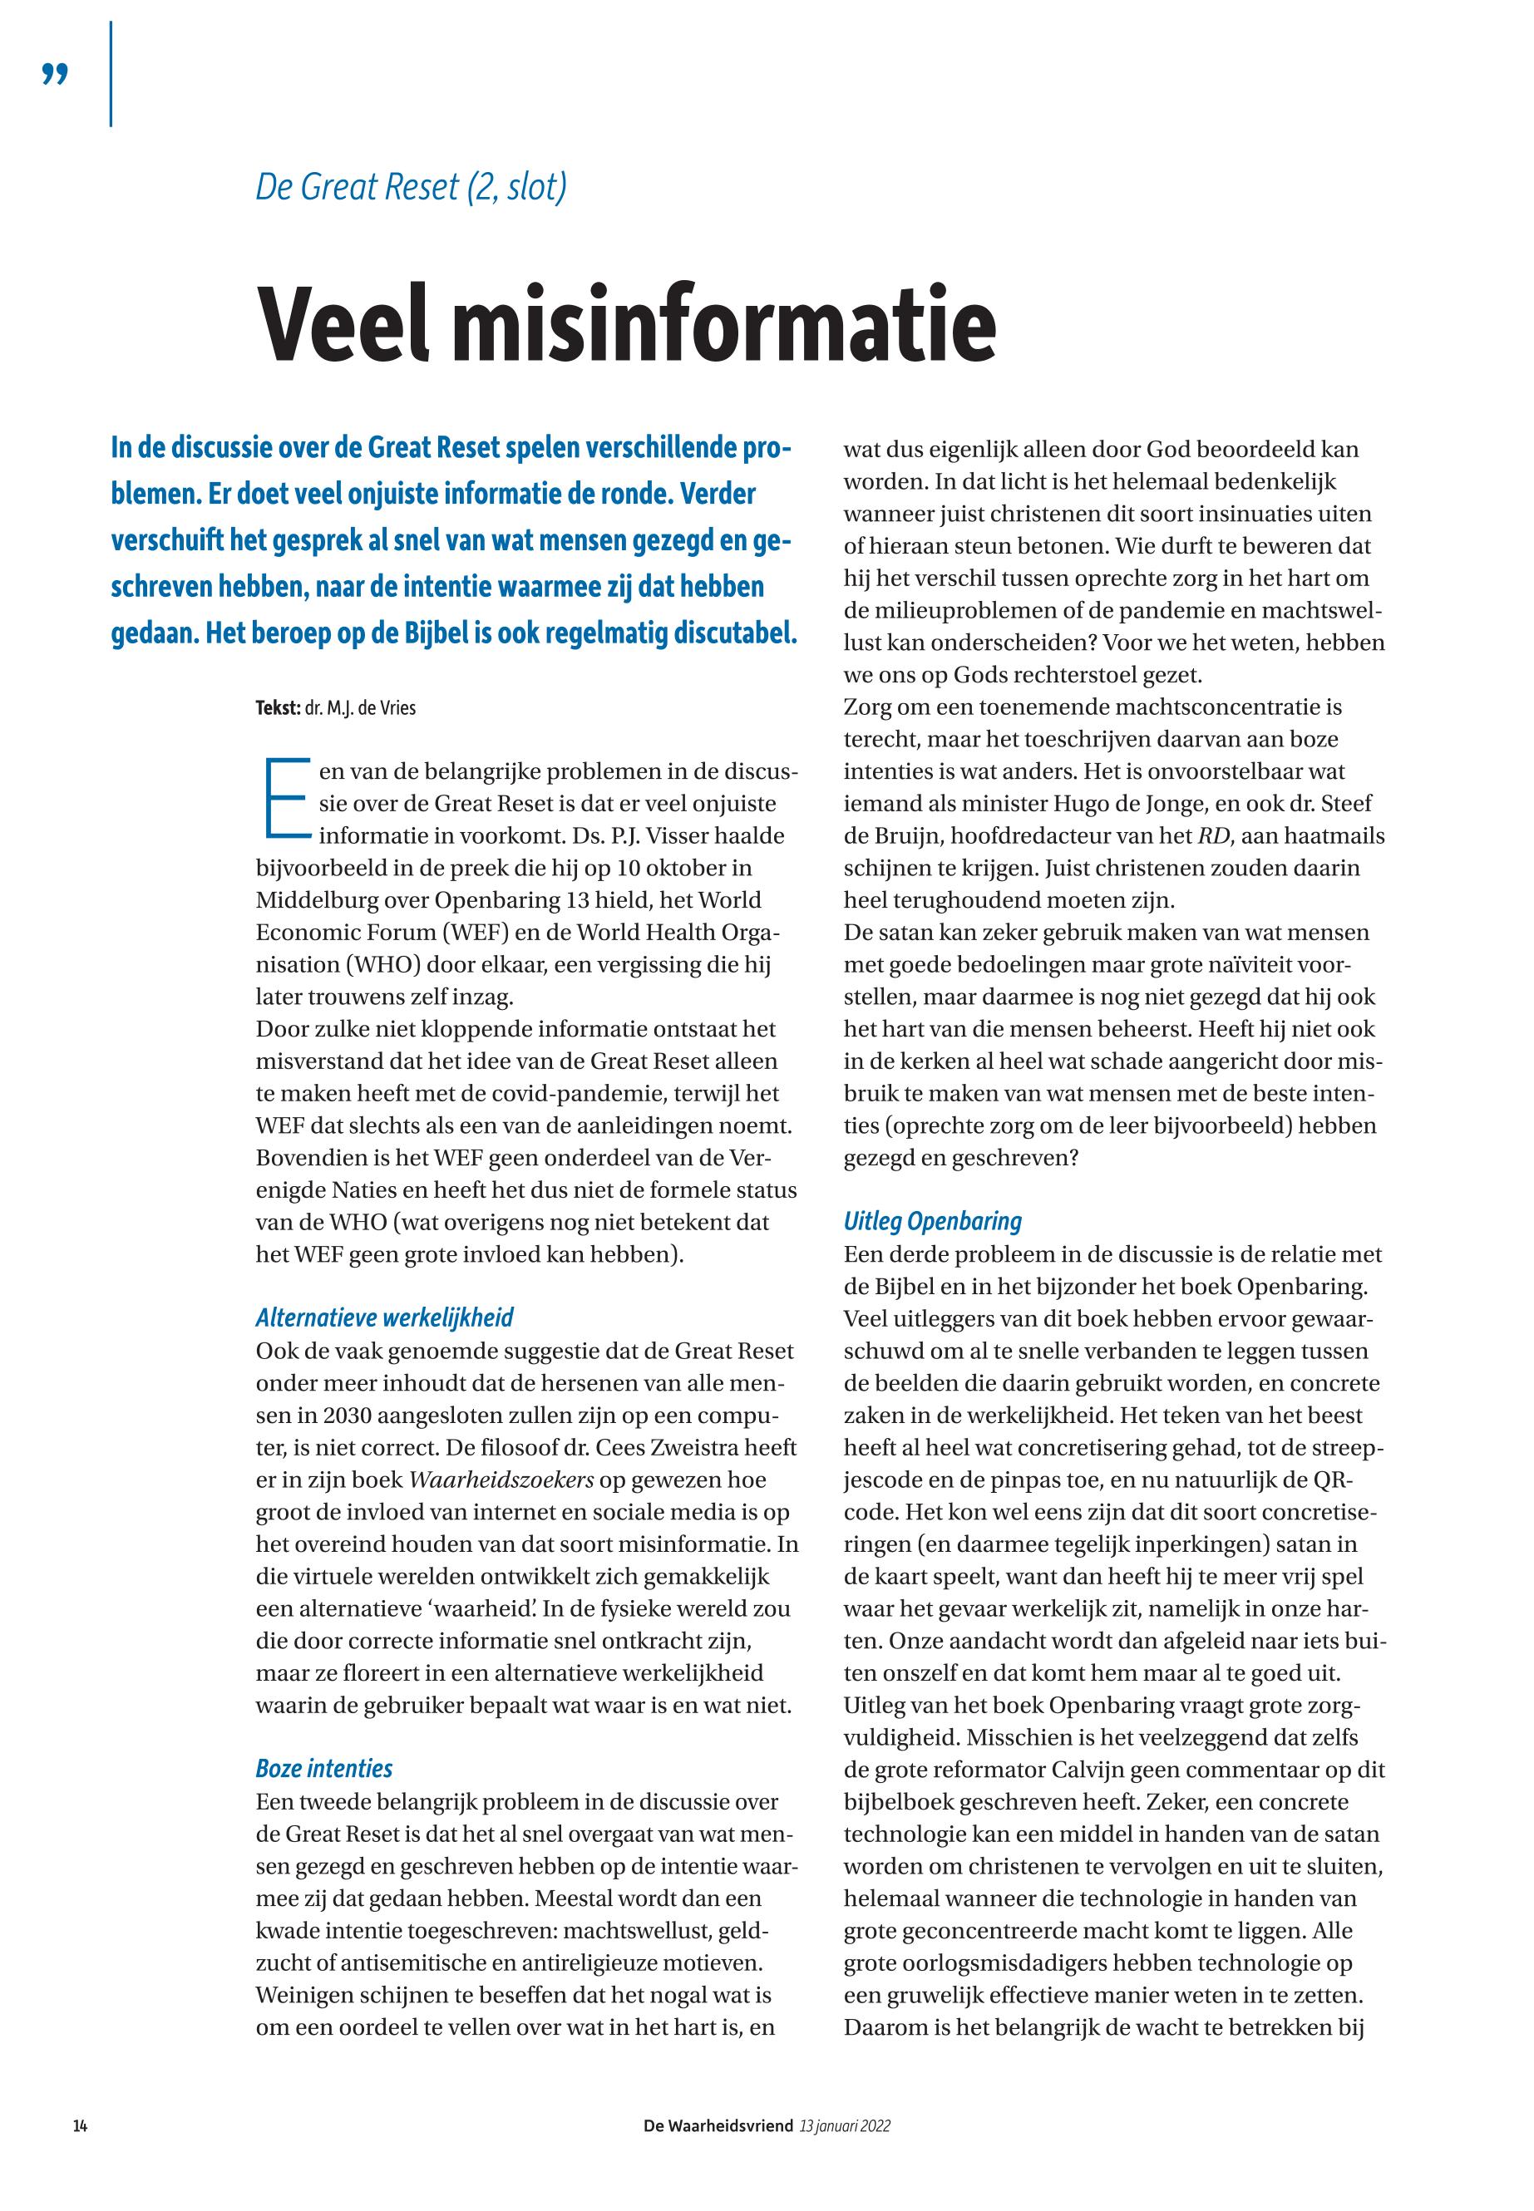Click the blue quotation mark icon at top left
(56, 74)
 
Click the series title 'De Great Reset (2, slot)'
(411, 185)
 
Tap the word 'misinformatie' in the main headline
(723, 325)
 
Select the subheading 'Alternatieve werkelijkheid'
(383, 1317)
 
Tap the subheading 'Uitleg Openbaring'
(932, 1221)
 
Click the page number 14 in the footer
(81, 2126)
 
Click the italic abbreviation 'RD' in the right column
(1215, 836)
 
